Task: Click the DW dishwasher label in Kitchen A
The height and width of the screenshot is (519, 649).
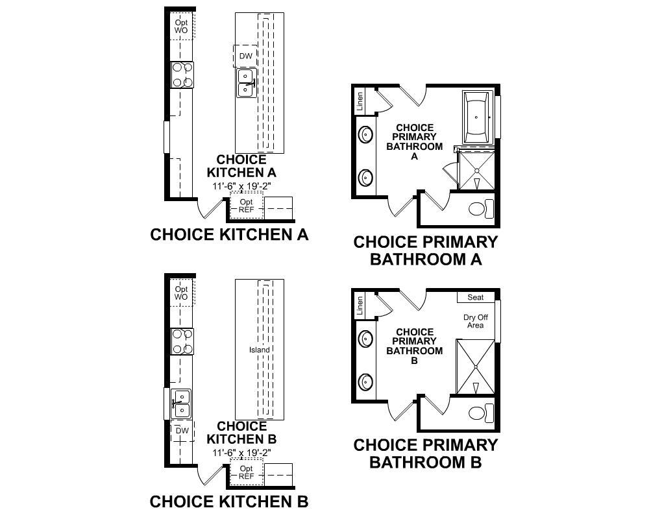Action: click(245, 56)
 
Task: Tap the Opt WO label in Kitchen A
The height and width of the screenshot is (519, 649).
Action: click(182, 27)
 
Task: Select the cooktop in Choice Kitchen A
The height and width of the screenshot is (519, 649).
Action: click(182, 75)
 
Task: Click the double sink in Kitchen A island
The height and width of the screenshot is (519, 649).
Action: click(246, 82)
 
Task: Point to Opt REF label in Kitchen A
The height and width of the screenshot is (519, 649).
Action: click(246, 206)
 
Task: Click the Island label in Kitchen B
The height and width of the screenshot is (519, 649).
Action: click(259, 350)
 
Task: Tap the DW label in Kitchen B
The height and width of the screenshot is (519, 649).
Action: click(182, 431)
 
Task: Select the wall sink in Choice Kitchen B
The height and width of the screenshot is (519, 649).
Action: click(182, 403)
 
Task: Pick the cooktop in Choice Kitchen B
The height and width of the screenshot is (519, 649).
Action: click(182, 341)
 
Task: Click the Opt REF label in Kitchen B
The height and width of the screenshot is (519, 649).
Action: click(246, 472)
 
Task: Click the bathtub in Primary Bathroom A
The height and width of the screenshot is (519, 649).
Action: click(478, 117)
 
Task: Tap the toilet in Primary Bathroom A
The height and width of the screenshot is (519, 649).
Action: click(480, 209)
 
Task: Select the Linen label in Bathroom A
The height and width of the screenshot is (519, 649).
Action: click(360, 101)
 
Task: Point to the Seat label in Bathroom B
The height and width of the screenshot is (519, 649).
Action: click(476, 297)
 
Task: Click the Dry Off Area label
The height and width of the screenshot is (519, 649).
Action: click(475, 321)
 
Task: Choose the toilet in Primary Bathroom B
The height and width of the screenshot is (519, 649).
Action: click(480, 413)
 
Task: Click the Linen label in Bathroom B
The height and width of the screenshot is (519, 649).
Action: click(360, 306)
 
